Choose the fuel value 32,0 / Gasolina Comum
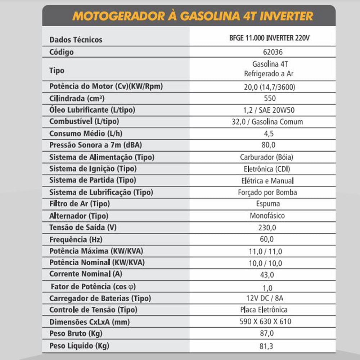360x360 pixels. point(267,122)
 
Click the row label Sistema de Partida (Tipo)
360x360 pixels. point(93,180)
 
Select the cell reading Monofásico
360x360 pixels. point(267,216)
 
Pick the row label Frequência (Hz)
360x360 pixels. point(73,239)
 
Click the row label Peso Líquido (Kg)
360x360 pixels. point(79,346)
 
